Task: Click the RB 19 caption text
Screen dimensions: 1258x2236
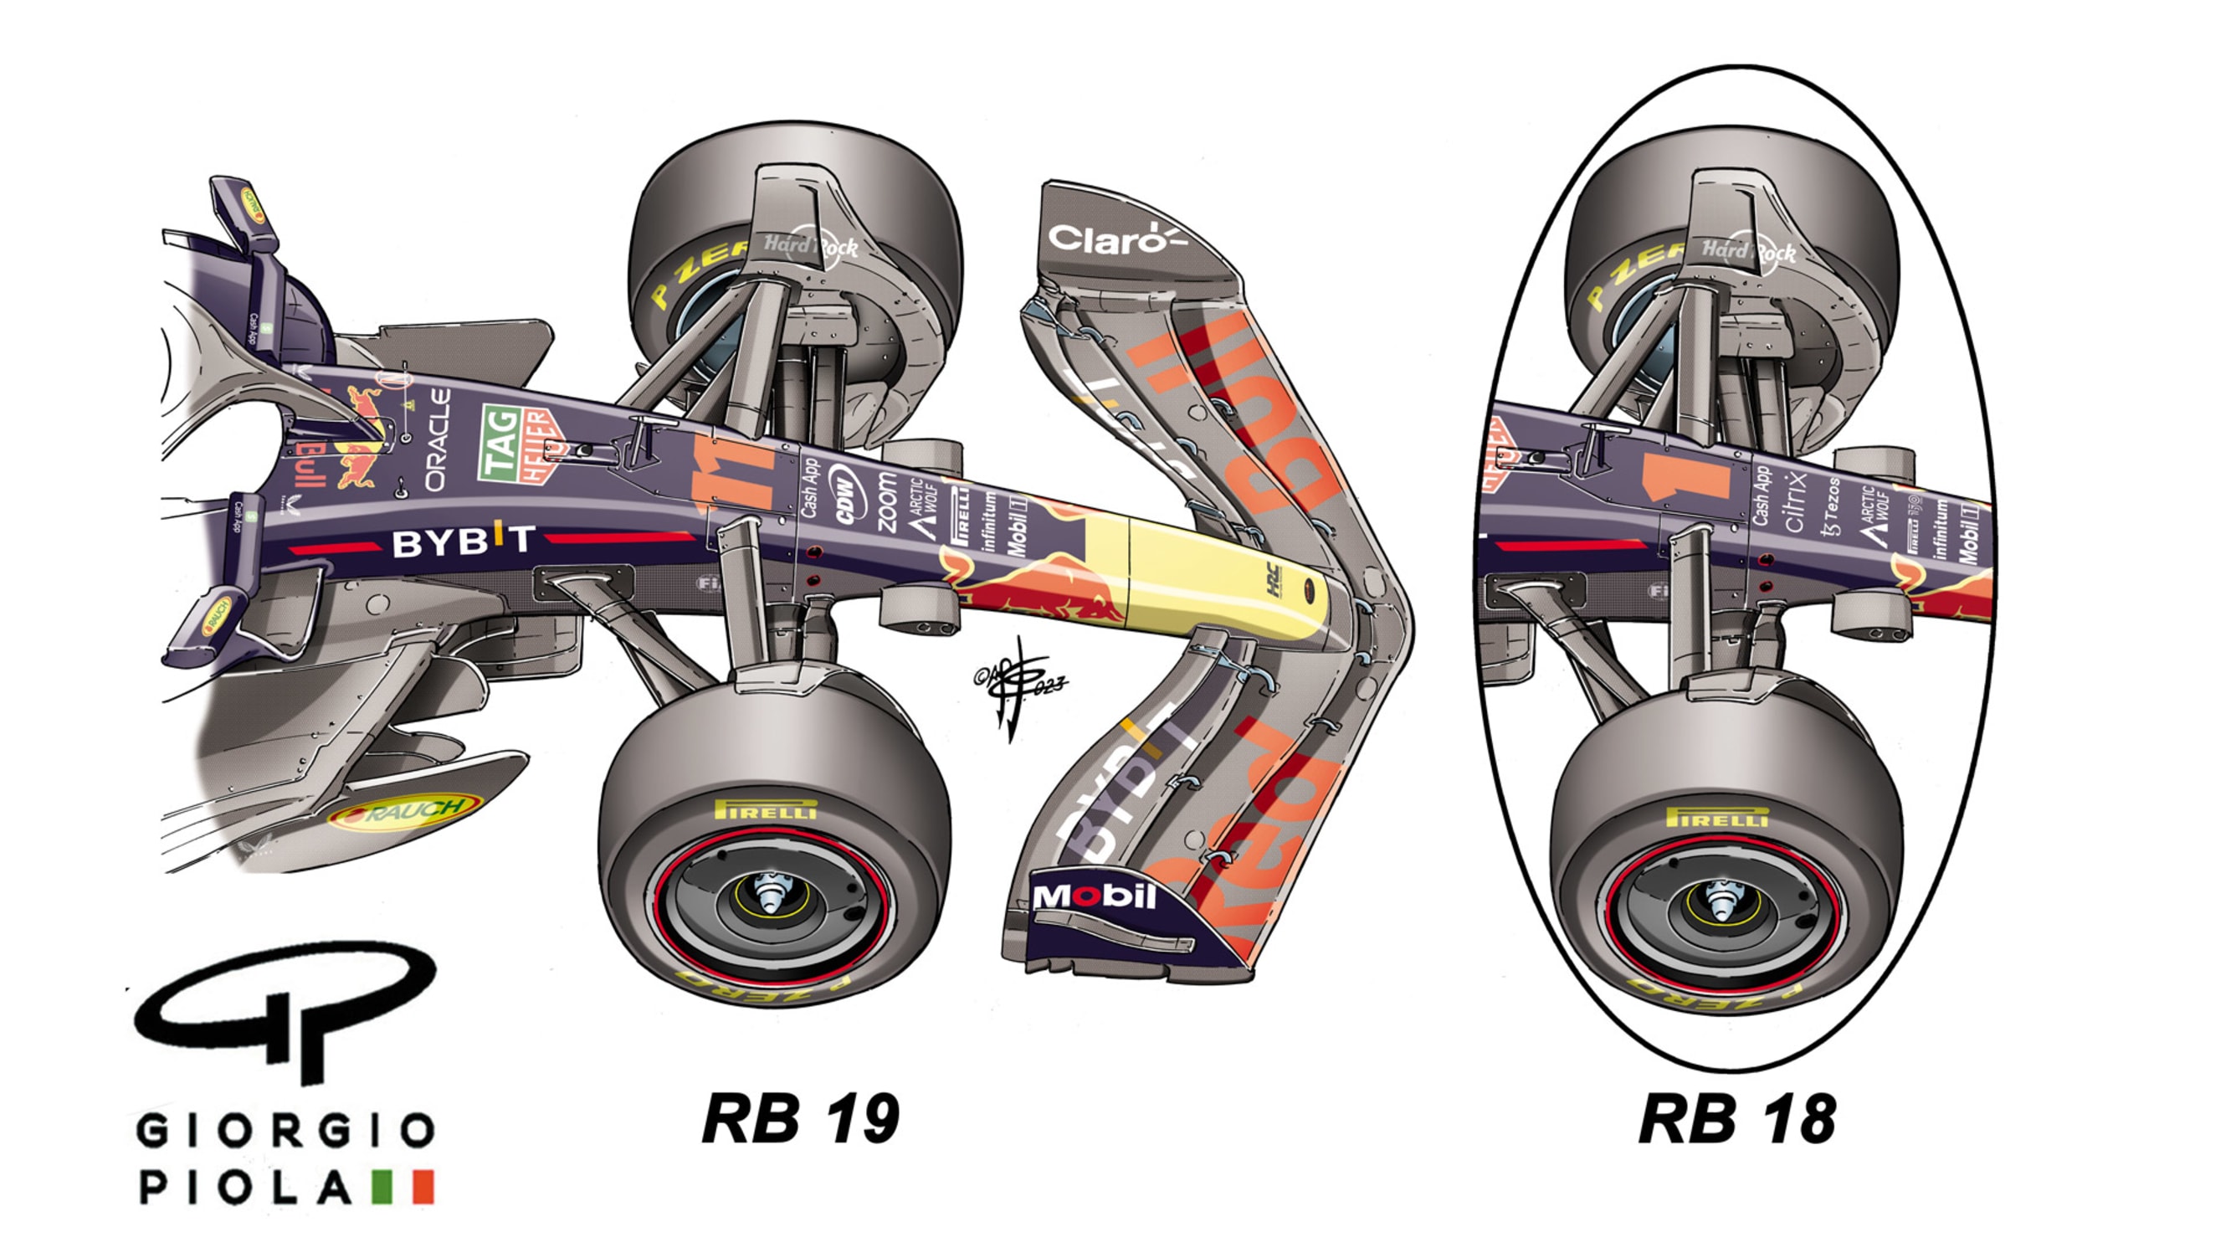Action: [800, 1120]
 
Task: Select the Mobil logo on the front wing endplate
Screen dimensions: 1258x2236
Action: [1095, 896]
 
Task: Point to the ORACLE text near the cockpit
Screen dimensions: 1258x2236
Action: [438, 440]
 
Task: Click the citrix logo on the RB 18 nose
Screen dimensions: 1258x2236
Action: [1794, 502]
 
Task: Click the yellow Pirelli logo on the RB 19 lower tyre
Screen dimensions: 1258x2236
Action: [766, 809]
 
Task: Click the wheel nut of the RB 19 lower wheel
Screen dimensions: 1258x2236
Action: [769, 894]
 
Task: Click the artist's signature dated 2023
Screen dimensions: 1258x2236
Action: [1020, 685]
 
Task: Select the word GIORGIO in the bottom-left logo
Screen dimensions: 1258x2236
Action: [285, 1131]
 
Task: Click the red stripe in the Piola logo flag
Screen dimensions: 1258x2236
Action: [423, 1187]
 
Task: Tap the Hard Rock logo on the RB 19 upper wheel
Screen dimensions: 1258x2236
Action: [811, 247]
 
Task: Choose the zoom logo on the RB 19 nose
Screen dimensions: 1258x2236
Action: [886, 502]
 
